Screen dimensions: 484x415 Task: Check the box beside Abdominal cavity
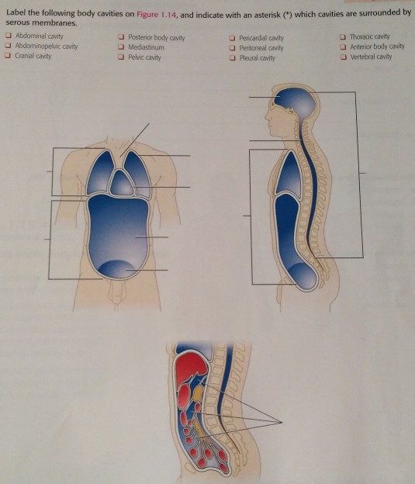8,36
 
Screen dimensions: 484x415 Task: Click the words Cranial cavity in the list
32,57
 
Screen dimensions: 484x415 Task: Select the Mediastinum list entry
147,47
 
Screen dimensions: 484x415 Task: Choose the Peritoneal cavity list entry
260,47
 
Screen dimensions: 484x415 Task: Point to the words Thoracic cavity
369,36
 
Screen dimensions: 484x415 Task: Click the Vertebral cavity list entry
371,57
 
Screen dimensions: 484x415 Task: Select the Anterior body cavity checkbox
344,47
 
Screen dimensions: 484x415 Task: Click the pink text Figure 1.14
160,14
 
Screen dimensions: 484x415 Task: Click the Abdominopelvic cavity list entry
46,47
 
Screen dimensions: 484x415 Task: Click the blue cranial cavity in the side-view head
296,99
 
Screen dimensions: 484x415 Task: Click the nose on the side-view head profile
266,116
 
